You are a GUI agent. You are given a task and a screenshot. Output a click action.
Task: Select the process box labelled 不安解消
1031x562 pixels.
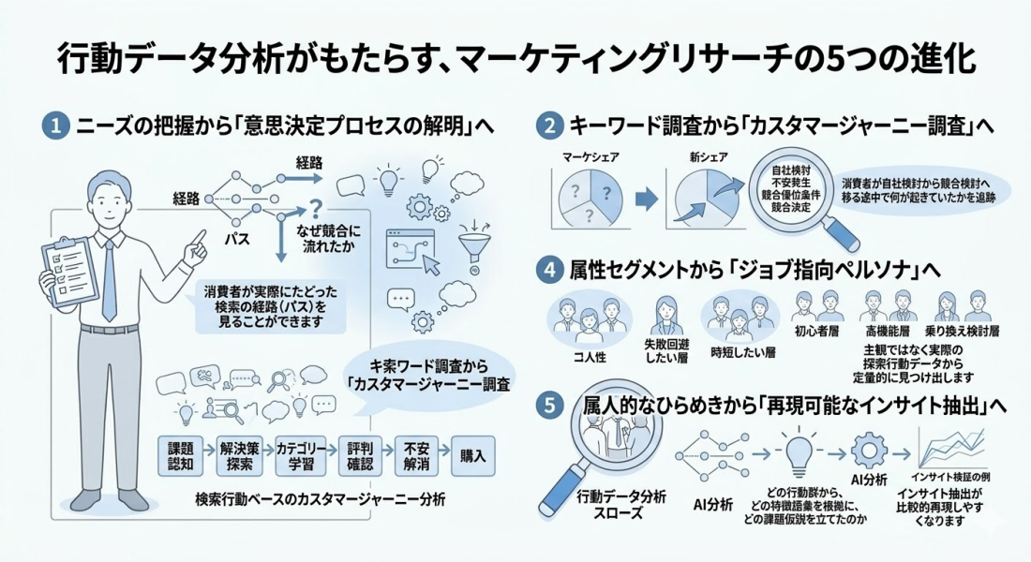[x=414, y=456]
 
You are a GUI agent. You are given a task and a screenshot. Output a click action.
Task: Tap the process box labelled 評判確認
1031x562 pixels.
[x=355, y=456]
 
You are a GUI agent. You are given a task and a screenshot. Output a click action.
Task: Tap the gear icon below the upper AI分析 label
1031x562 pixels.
[x=869, y=451]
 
